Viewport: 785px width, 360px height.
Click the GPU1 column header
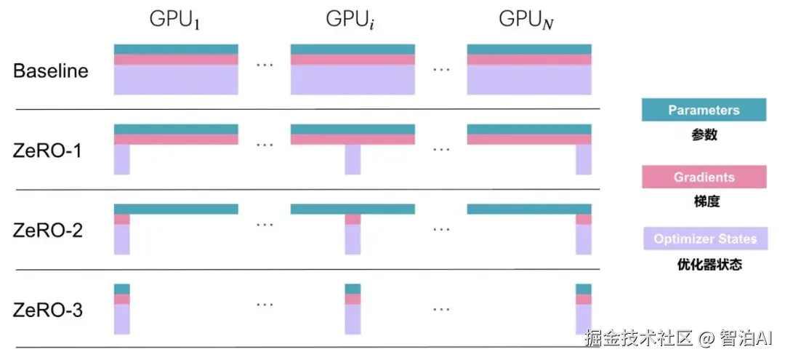coord(175,20)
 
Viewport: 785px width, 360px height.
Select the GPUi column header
coord(352,20)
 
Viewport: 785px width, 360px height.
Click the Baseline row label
coord(51,71)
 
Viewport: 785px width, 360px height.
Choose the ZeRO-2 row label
coord(48,231)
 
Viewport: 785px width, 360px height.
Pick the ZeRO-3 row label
coord(48,311)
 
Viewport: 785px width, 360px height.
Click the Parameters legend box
coord(704,111)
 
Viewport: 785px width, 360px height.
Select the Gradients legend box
coord(704,177)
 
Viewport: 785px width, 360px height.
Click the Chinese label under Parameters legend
coord(704,135)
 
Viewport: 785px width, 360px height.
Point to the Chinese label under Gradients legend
coord(704,201)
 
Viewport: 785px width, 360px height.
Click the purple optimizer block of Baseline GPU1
coord(176,80)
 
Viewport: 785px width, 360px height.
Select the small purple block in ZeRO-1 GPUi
coord(353,159)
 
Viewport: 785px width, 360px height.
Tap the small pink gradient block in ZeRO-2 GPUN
coord(584,219)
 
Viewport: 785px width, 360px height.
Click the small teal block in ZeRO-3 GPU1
coord(122,289)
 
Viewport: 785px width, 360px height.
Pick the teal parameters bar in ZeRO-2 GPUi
coord(353,209)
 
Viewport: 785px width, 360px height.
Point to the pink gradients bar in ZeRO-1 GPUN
coord(529,140)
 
